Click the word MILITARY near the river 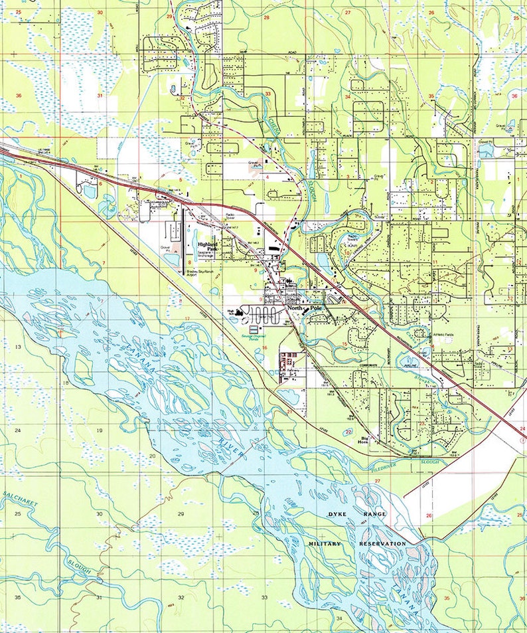point(325,544)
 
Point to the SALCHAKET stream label point(20,499)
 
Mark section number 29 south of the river point(181,514)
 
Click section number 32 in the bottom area point(181,598)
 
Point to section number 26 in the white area point(429,515)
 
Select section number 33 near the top point(267,94)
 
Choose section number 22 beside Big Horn point(348,432)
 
